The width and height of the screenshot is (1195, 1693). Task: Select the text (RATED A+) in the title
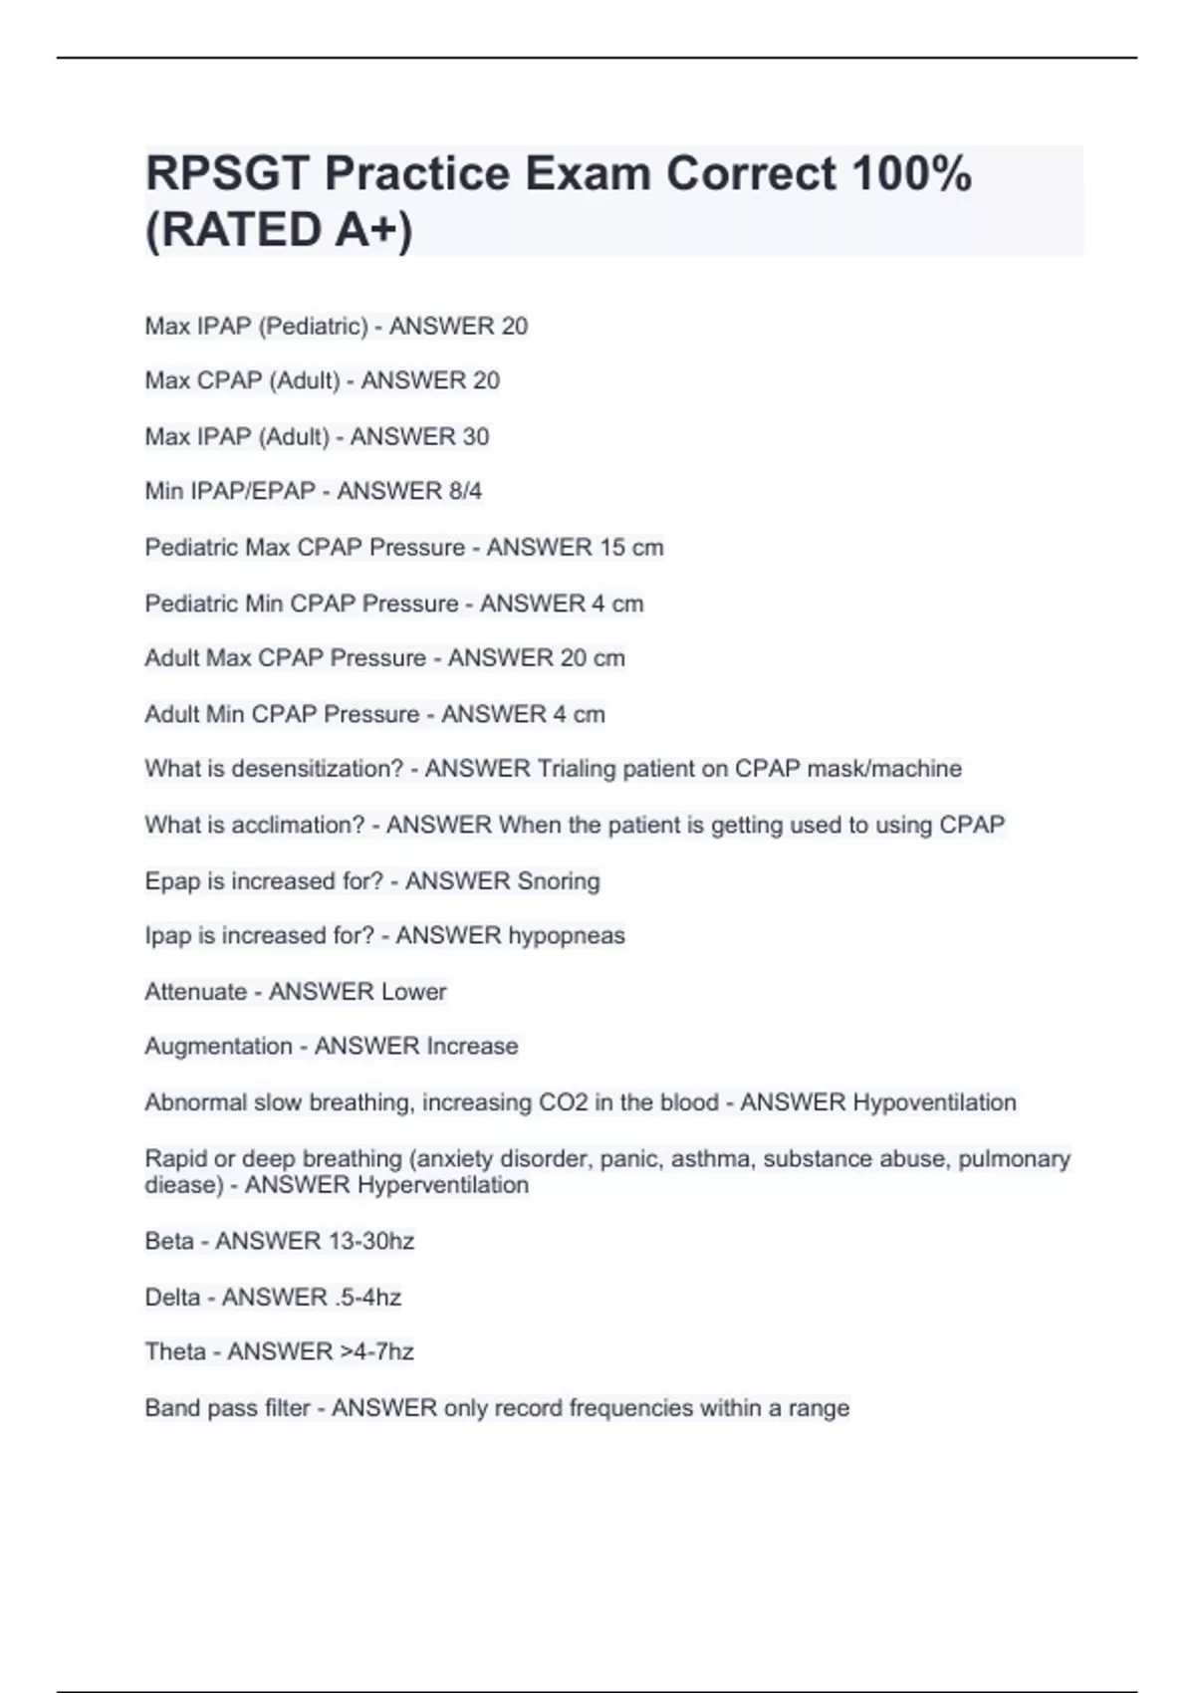(279, 230)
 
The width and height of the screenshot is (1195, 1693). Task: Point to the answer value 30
(475, 437)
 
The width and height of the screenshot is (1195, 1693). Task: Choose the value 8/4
(464, 491)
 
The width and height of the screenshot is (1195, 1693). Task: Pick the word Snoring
(559, 881)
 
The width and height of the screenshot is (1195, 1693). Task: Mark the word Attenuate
(195, 992)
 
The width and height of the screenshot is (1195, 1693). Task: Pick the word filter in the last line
(287, 1408)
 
